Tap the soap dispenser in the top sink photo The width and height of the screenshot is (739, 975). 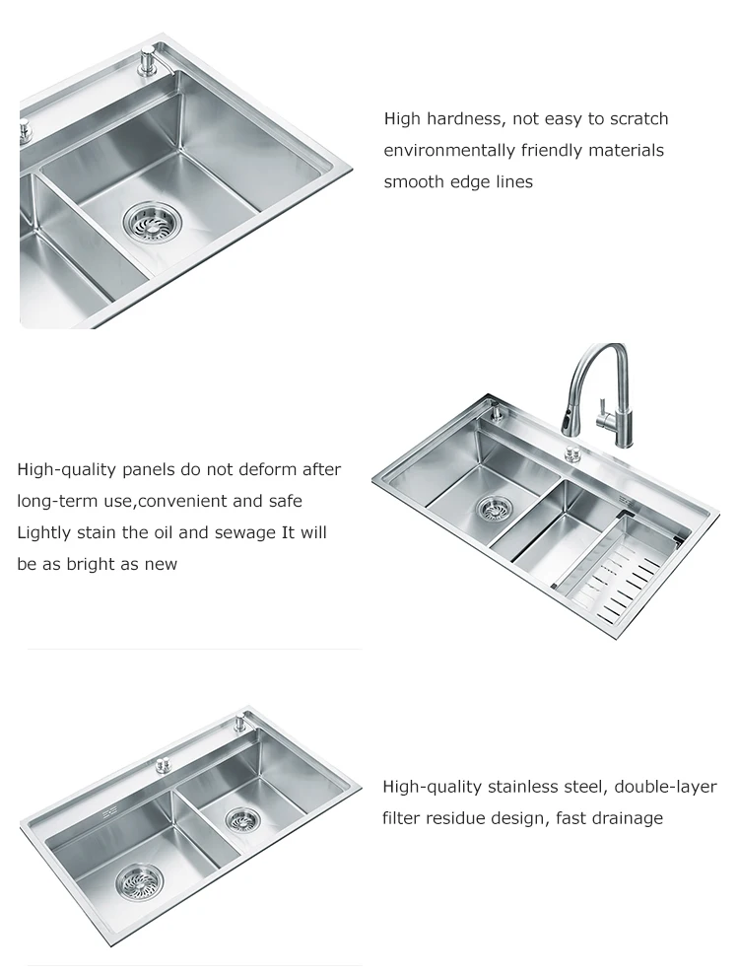(x=149, y=62)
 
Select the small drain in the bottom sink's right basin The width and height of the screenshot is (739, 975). (x=238, y=819)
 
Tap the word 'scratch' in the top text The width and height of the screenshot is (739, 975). (x=638, y=118)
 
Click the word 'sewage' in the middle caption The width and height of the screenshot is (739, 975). (x=245, y=533)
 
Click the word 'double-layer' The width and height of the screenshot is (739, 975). (x=666, y=788)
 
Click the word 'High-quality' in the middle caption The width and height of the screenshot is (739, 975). (x=66, y=469)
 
